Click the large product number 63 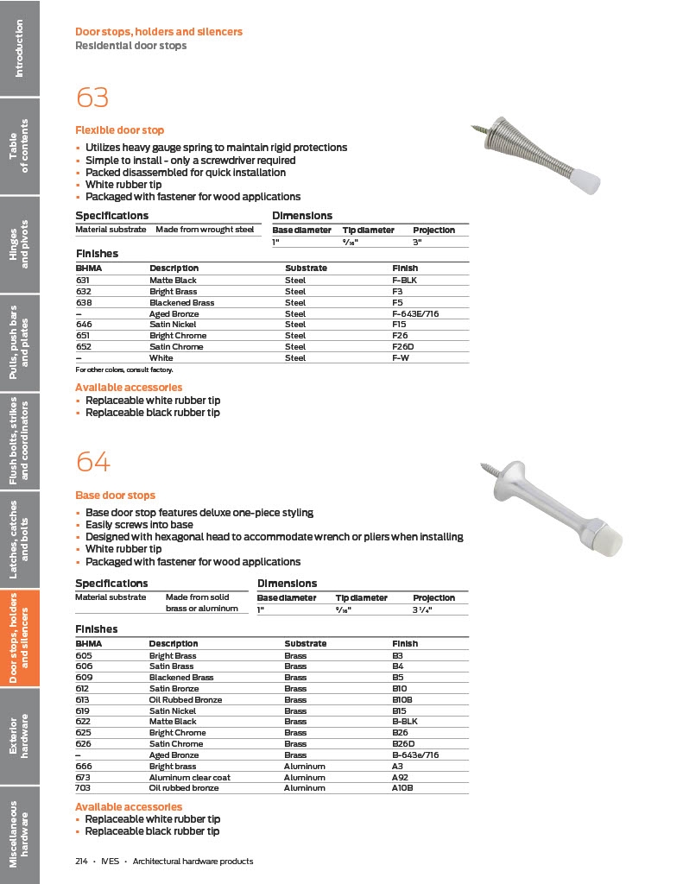click(x=92, y=98)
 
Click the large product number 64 click(x=93, y=463)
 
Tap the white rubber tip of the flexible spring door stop click(x=589, y=182)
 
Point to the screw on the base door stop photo click(x=490, y=471)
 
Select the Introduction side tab click(x=20, y=47)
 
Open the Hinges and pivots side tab click(x=20, y=243)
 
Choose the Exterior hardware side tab click(x=20, y=736)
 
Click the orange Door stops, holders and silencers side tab click(x=20, y=638)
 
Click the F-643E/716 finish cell click(x=415, y=313)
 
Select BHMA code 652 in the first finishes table click(x=83, y=346)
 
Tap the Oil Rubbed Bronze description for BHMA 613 click(x=186, y=699)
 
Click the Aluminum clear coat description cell click(x=190, y=777)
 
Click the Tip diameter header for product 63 click(x=368, y=230)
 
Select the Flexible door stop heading click(x=119, y=130)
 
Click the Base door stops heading click(x=115, y=496)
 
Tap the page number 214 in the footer click(x=82, y=861)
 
